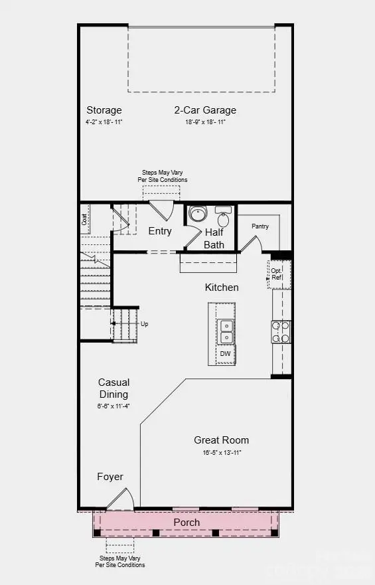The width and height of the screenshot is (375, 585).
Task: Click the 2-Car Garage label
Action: click(205, 110)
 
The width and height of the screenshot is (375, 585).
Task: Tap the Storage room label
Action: click(104, 110)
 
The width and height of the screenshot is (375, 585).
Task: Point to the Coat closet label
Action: click(85, 218)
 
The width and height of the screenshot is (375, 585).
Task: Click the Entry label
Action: click(160, 231)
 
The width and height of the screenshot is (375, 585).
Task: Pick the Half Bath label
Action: click(214, 238)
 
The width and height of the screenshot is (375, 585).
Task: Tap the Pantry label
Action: click(260, 226)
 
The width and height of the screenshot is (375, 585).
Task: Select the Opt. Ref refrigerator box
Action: click(277, 274)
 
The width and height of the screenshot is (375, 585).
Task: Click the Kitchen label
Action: click(221, 288)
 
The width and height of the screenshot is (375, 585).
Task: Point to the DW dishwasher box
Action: click(226, 355)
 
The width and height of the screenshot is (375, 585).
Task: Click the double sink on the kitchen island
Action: click(226, 331)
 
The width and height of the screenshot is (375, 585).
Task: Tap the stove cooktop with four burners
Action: click(281, 331)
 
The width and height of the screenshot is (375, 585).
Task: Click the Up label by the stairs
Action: click(144, 324)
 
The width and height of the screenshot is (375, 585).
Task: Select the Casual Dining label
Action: click(113, 388)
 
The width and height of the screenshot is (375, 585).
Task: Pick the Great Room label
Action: click(222, 440)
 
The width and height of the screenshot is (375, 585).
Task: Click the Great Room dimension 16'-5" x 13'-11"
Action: click(222, 452)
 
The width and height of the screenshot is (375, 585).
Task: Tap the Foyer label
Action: click(110, 477)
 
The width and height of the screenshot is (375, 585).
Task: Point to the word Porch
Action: click(187, 523)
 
